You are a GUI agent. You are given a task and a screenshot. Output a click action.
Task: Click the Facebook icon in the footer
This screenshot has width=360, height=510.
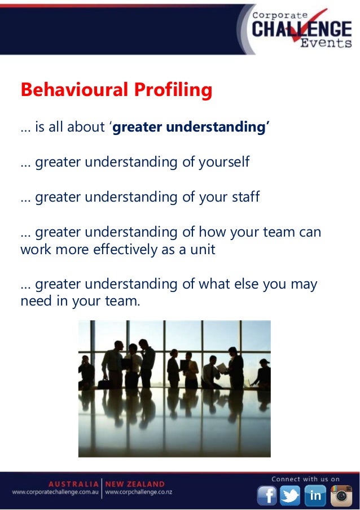267,495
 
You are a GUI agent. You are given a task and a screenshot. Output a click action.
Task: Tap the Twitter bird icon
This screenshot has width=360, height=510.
291,495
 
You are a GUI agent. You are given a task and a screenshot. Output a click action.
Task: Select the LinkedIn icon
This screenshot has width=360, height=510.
315,495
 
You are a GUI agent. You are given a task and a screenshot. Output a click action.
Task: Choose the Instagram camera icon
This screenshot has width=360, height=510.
340,495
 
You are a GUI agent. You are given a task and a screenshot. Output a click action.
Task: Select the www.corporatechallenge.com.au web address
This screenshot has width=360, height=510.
55,492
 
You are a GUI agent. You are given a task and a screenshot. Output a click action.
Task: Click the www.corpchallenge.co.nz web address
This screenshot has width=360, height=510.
139,492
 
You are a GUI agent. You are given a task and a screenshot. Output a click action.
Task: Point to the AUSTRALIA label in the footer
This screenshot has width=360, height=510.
73,484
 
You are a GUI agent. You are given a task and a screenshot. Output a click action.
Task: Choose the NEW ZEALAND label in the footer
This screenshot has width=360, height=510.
135,484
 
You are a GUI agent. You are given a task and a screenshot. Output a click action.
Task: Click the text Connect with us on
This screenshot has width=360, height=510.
305,479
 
